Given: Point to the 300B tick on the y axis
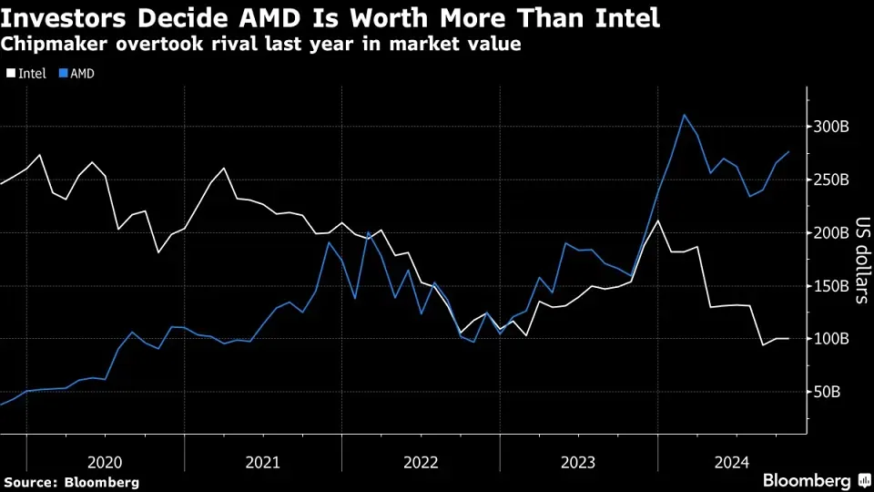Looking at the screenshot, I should point(832,127).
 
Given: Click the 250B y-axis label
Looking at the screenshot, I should point(832,179).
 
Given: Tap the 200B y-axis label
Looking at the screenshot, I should point(832,233).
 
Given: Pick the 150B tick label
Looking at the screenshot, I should point(832,286).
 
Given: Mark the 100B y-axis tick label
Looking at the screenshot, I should point(832,339).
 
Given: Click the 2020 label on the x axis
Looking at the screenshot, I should point(106,462).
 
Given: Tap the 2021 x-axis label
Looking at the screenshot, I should point(263,462).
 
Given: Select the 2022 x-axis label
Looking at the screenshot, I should point(421,462).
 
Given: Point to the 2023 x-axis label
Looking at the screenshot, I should point(578,462).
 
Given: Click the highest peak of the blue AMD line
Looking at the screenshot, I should point(684,115).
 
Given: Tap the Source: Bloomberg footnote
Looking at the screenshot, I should point(71,482).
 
